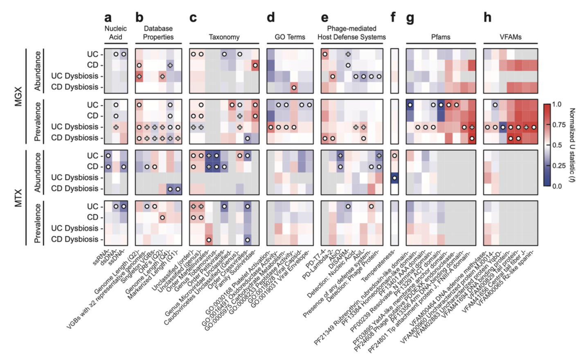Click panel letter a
108,18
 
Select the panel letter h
487,18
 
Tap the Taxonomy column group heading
224,37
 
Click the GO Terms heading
290,37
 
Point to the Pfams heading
441,37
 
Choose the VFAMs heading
510,37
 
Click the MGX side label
18,97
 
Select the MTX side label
18,198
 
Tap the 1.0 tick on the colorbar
557,104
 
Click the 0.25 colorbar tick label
558,166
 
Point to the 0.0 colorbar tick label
557,186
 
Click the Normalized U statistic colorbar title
572,145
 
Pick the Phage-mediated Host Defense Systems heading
351,33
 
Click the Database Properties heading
158,33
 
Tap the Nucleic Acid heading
115,33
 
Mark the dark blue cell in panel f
394,178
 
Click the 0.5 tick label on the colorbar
557,145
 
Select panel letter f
393,18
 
